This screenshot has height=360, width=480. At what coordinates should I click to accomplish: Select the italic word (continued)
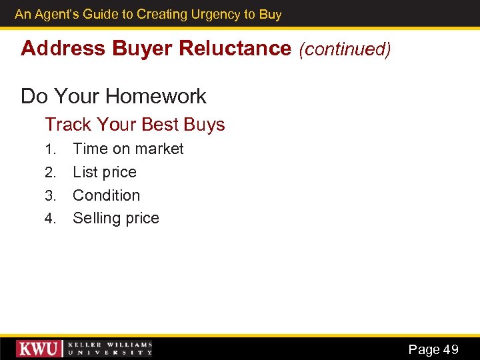(x=345, y=49)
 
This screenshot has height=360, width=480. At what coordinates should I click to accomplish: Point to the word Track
(x=68, y=124)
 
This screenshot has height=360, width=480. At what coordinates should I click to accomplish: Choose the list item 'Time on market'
(x=128, y=149)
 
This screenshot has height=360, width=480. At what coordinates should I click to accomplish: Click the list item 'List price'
(x=105, y=172)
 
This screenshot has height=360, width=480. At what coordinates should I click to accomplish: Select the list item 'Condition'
(x=107, y=195)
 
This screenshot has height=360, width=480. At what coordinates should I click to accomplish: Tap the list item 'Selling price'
(x=116, y=218)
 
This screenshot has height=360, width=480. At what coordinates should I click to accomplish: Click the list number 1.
(x=49, y=149)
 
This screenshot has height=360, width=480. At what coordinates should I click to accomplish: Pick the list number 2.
(x=50, y=173)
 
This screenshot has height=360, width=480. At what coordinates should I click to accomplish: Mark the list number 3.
(x=50, y=196)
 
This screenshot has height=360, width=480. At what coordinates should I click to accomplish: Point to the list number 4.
(x=50, y=219)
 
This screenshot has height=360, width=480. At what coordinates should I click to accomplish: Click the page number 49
(x=451, y=349)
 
